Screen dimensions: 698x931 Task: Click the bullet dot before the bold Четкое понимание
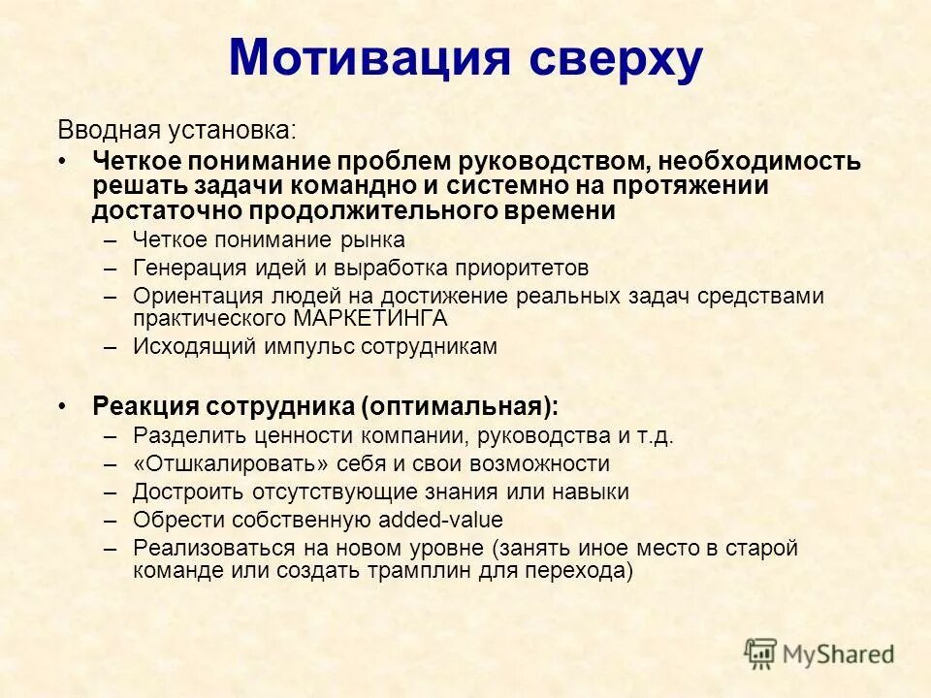63,161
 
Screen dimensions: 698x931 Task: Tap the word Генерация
182,268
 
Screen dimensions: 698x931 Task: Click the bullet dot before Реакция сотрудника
63,405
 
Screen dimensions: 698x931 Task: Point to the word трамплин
420,571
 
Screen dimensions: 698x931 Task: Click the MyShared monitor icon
761,653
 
